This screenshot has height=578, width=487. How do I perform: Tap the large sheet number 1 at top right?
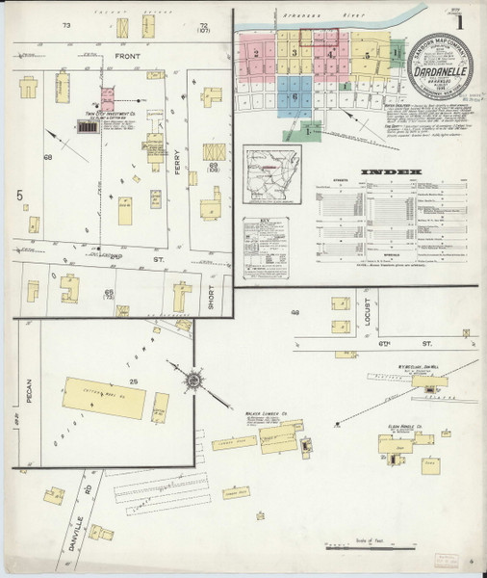point(469,20)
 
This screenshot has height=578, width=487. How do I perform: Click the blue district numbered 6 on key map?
point(296,96)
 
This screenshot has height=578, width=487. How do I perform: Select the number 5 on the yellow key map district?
point(367,57)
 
